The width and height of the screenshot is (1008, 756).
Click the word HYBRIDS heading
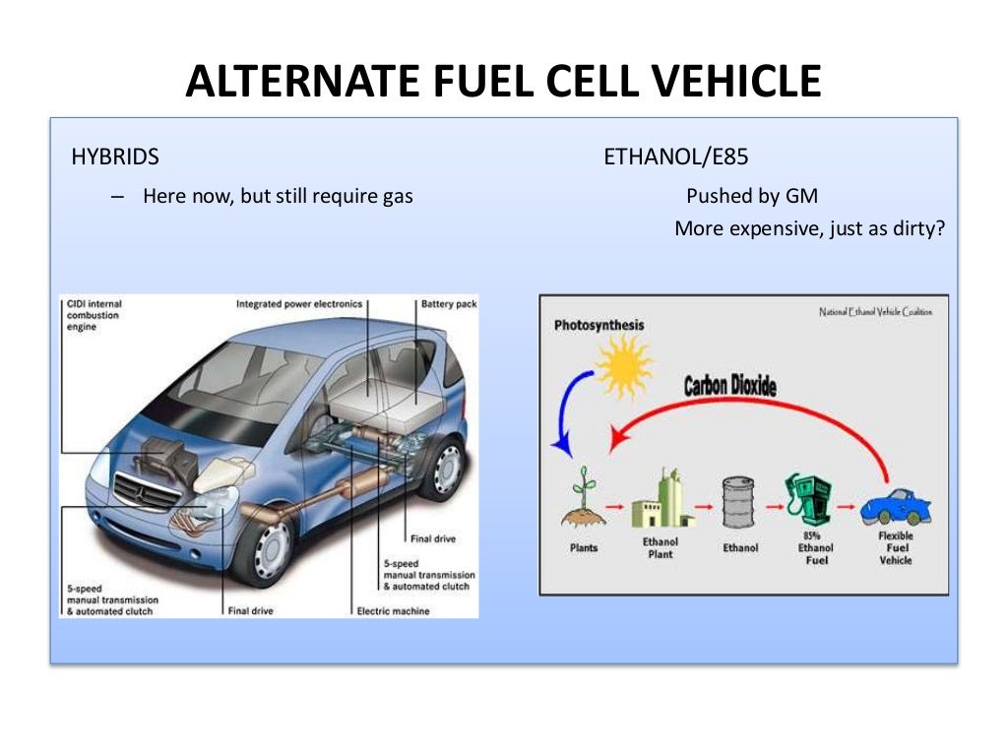pyautogui.click(x=115, y=157)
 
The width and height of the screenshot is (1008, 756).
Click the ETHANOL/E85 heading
pyautogui.click(x=669, y=157)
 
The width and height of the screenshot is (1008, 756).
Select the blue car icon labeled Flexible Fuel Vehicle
pyautogui.click(x=895, y=507)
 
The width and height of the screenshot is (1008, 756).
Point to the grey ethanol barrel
pyautogui.click(x=738, y=503)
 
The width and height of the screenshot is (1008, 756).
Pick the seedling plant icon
pyautogui.click(x=583, y=497)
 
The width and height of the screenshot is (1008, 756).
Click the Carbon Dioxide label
pyautogui.click(x=729, y=385)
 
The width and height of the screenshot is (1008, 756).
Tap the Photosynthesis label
pyautogui.click(x=598, y=324)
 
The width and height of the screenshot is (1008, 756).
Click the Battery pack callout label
pyautogui.click(x=449, y=304)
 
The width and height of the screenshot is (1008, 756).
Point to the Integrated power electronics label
pyautogui.click(x=299, y=304)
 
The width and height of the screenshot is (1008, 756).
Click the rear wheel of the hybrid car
pyautogui.click(x=444, y=467)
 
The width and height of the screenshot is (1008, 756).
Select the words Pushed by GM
pyautogui.click(x=752, y=196)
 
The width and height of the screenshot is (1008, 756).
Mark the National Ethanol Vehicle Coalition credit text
pyautogui.click(x=875, y=312)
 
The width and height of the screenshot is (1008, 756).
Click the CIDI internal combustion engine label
pyautogui.click(x=95, y=315)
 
